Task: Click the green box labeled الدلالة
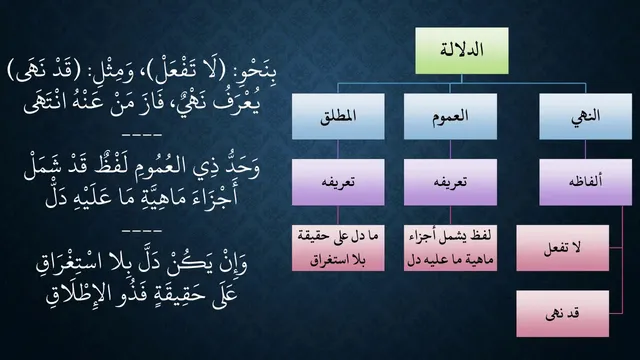tap(462, 51)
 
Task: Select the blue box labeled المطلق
tap(338, 116)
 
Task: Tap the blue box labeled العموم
tap(450, 116)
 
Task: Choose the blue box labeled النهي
tap(585, 116)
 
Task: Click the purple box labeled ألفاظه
tap(585, 182)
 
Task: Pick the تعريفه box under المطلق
tap(338, 182)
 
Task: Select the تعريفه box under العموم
tap(450, 182)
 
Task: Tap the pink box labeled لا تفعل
tap(562, 248)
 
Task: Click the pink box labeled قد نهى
tap(562, 313)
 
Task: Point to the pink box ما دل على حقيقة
tap(338, 248)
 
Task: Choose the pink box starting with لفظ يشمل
tap(450, 248)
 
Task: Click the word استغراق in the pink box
tap(329, 260)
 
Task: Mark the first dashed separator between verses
tap(142, 134)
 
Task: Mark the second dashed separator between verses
tap(142, 231)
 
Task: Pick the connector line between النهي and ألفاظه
tap(585, 149)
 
